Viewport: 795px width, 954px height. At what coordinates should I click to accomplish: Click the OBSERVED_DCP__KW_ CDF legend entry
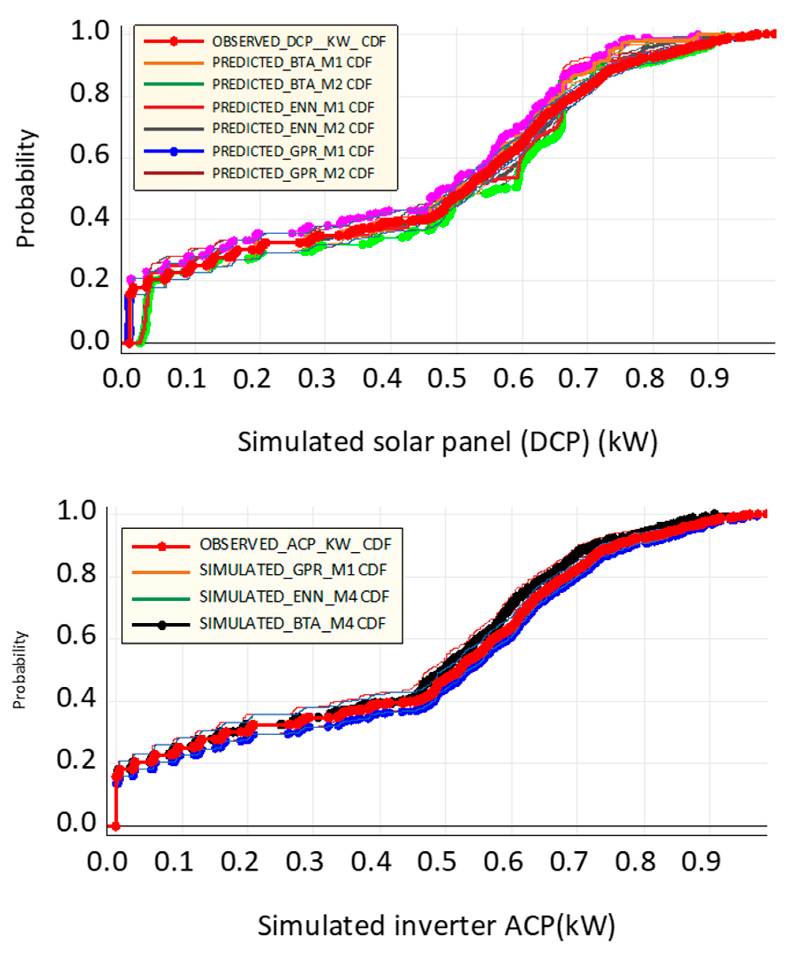pos(299,41)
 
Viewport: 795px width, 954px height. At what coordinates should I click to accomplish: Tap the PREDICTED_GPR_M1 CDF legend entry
pos(293,151)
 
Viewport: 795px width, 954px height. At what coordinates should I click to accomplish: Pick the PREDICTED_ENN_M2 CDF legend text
pos(293,129)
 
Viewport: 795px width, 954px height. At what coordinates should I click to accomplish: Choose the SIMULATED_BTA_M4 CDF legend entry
pos(292,623)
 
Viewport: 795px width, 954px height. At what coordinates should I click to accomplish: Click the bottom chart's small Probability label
pos(20,670)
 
